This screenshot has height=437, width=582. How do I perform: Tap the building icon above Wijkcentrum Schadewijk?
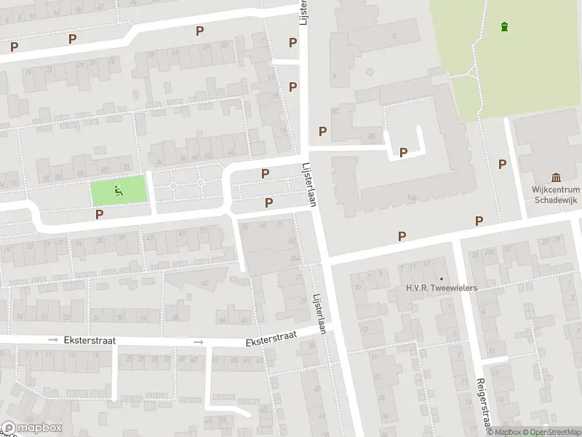557,178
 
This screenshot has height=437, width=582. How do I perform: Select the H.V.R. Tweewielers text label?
441,288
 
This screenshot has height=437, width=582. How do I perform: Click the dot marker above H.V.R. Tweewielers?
441,279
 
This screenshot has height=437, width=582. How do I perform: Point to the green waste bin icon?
505,27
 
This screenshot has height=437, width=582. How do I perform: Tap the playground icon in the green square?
118,192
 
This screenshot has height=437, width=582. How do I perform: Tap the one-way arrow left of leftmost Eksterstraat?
52,340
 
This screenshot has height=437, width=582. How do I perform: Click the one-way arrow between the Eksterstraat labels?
198,342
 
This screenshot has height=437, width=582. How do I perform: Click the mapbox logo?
31,428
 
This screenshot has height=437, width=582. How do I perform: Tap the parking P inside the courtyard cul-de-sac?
403,152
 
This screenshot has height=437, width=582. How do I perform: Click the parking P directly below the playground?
99,214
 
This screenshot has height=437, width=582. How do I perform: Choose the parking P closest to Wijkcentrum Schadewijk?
502,165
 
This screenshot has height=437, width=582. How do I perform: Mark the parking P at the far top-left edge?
14,47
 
